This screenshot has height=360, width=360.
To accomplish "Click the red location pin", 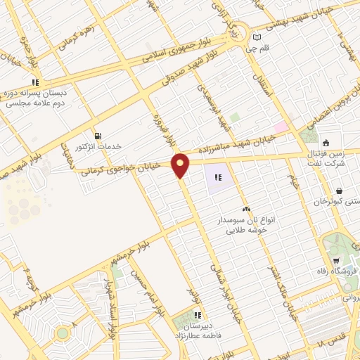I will [181, 165].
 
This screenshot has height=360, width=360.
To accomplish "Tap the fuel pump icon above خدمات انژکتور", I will [97, 135].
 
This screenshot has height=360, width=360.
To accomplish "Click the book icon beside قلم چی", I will [257, 37].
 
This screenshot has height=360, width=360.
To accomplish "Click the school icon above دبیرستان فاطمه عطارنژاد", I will [198, 316].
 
